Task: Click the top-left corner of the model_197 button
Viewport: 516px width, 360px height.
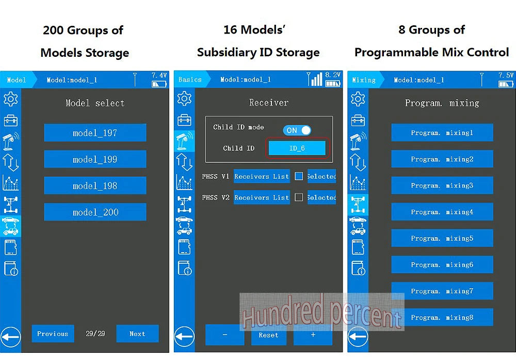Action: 44,124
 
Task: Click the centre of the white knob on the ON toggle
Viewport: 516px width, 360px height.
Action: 305,130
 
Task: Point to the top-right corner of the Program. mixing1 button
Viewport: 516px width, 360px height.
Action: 493,124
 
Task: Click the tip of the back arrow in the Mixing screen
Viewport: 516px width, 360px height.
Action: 349,337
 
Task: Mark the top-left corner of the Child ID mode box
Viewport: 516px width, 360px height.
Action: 205,116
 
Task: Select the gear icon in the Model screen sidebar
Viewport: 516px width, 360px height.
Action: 10,99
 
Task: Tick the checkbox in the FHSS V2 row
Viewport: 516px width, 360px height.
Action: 299,197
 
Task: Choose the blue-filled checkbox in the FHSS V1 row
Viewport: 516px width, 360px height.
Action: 299,176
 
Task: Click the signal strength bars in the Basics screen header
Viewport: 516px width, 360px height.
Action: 316,80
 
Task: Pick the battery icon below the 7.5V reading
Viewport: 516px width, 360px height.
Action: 506,84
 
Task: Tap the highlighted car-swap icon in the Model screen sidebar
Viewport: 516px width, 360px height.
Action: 10,226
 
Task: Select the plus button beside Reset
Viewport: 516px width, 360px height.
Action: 313,335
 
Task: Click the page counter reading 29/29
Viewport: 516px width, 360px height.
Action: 95,334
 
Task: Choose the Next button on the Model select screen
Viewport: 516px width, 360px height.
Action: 138,334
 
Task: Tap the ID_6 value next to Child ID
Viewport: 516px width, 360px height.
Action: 297,148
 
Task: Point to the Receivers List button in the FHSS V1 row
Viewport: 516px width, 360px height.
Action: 262,177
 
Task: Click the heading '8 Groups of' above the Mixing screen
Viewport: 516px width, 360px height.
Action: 432,30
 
